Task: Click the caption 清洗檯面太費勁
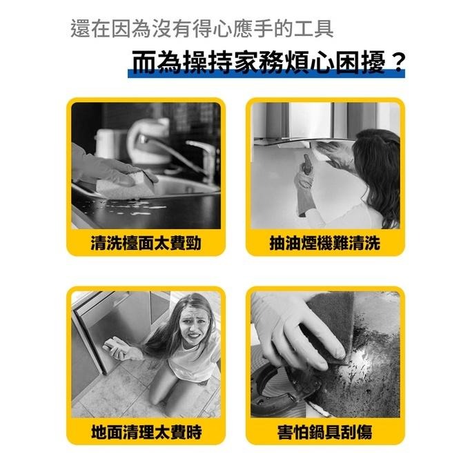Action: [146, 243]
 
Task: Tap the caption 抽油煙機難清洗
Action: [324, 243]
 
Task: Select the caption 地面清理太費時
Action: [146, 433]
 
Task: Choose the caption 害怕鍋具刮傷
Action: [324, 433]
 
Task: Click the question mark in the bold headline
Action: [396, 63]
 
